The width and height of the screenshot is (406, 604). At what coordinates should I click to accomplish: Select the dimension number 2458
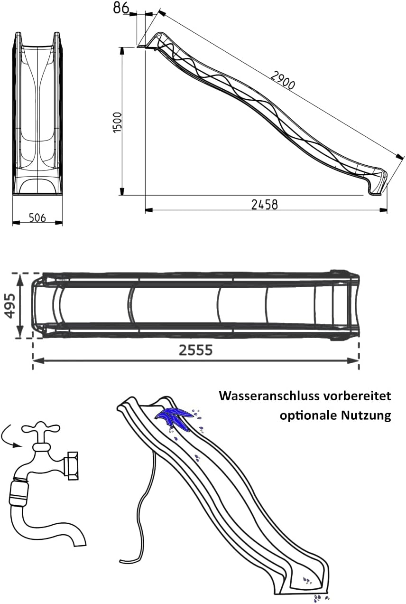264,204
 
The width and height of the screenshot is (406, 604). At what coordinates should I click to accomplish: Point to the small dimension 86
121,8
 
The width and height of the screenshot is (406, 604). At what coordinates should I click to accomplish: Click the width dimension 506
37,217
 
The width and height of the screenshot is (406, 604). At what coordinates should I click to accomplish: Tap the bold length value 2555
195,350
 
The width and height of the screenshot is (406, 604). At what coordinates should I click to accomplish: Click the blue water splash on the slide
173,416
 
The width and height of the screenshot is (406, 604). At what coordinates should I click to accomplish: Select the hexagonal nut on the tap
73,465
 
